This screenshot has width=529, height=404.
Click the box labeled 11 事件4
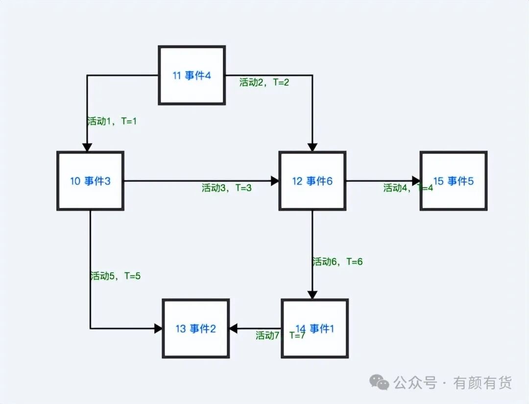pyautogui.click(x=192, y=75)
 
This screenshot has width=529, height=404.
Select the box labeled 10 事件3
pyautogui.click(x=90, y=181)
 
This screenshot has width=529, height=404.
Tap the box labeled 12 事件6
pyautogui.click(x=313, y=181)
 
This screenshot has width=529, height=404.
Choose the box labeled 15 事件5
pyautogui.click(x=454, y=181)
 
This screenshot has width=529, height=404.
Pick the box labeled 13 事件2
pyautogui.click(x=196, y=328)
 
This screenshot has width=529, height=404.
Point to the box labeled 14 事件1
pyautogui.click(x=315, y=328)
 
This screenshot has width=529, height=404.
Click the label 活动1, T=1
pyautogui.click(x=112, y=121)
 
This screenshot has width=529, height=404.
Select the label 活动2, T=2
pyautogui.click(x=264, y=82)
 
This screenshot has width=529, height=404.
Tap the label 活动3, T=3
pyautogui.click(x=227, y=188)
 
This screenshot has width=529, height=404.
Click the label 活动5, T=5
pyautogui.click(x=116, y=276)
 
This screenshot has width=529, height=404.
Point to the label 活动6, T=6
pyautogui.click(x=337, y=262)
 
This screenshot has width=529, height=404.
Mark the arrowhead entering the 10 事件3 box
pyautogui.click(x=87, y=147)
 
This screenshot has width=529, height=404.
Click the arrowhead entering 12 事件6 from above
pyautogui.click(x=313, y=147)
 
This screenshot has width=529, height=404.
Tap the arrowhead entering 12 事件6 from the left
pyautogui.click(x=274, y=181)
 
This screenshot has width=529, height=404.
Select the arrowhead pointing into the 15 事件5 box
pyautogui.click(x=416, y=181)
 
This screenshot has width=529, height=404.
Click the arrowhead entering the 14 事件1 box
pyautogui.click(x=313, y=295)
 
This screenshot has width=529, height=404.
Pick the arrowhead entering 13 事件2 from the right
pyautogui.click(x=234, y=328)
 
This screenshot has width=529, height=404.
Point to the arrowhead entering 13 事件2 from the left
pyautogui.click(x=158, y=328)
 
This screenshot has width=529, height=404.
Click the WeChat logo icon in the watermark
pyautogui.click(x=380, y=382)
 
